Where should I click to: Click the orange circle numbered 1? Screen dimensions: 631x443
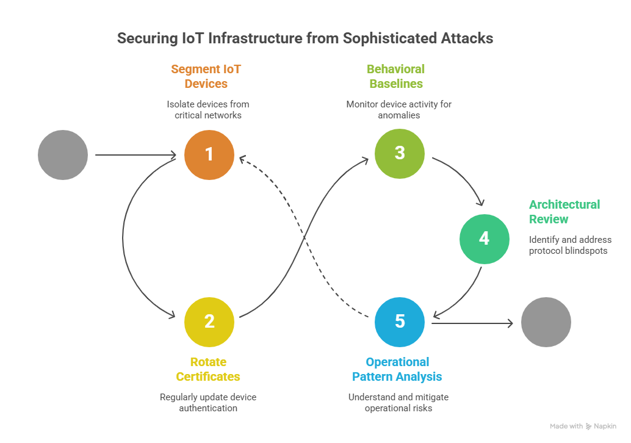209,155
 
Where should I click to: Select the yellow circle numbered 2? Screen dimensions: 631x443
209,322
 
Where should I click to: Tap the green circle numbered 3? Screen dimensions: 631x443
400,154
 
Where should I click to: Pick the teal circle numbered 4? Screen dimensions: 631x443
485,239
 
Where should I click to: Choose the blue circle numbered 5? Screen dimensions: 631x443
400,322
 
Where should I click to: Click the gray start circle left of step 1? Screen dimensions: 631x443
63,155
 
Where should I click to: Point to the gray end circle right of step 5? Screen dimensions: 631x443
546,322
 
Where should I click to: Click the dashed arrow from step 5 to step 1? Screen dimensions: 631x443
305,238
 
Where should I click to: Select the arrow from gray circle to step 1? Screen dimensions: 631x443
135,155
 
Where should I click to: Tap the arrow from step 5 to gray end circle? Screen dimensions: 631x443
472,323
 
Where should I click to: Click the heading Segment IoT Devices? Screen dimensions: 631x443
206,76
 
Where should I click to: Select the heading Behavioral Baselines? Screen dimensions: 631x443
396,76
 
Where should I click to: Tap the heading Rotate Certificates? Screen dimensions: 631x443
208,369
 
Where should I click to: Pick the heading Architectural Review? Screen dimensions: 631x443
564,212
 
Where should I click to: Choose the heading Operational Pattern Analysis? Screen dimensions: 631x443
397,369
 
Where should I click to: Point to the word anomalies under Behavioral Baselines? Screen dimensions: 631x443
399,115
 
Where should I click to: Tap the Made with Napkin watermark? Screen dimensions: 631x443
583,426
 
